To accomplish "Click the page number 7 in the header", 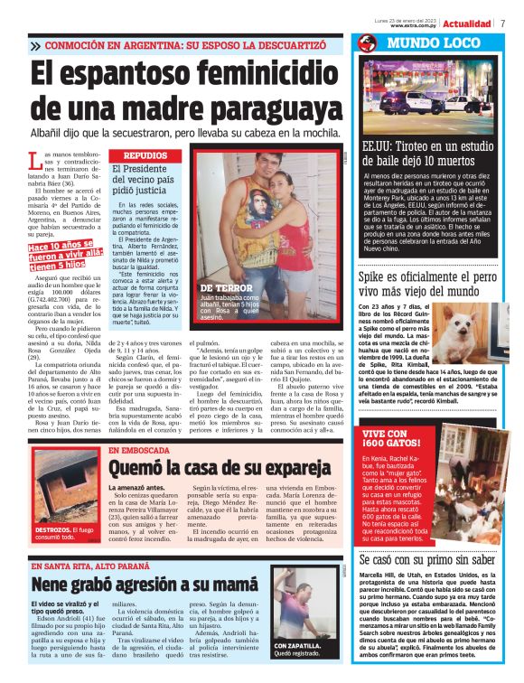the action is coord(502,23).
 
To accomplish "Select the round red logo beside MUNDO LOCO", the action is coord(367,43).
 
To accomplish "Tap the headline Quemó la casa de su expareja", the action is coord(213,468).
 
